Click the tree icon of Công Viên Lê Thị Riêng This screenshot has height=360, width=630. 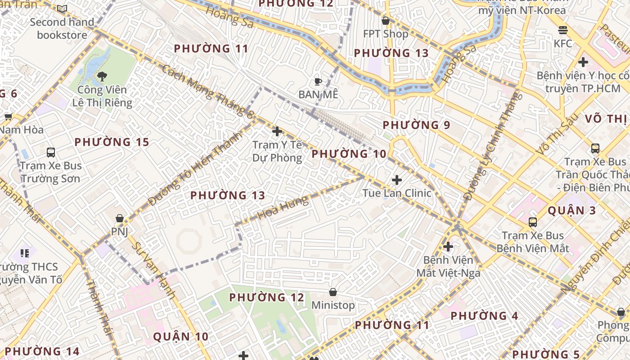[x=102, y=76]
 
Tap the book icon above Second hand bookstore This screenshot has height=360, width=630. [x=62, y=9]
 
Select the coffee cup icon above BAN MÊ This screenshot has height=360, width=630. [x=318, y=81]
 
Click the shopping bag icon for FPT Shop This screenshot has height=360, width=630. [x=386, y=21]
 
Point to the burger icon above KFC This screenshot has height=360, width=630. [x=563, y=30]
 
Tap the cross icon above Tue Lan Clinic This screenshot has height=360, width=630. [x=396, y=180]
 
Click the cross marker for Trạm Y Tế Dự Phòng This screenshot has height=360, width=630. [x=277, y=131]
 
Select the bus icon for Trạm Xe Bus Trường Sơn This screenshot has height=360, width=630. [x=50, y=153]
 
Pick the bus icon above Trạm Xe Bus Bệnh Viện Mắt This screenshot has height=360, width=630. [x=533, y=222]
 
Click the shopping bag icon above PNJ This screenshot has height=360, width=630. [x=120, y=219]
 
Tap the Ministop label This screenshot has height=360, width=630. [x=333, y=306]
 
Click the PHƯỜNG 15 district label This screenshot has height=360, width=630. [x=112, y=142]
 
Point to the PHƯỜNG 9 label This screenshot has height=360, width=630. [x=416, y=125]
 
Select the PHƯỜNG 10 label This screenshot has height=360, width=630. [x=349, y=154]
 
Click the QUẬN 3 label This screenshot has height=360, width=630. [x=572, y=211]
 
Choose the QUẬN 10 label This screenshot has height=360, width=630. [x=181, y=337]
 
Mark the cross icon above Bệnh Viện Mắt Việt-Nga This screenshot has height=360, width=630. [x=448, y=247]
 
